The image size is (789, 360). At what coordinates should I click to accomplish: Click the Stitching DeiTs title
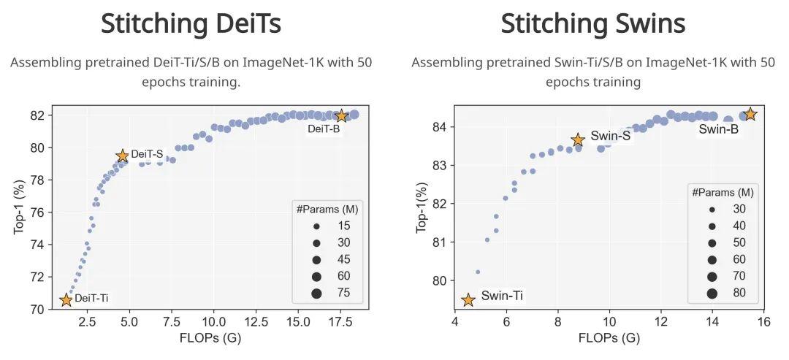(191, 23)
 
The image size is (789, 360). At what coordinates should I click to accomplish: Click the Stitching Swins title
(592, 23)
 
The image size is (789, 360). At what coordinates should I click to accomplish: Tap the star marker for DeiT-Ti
(66, 299)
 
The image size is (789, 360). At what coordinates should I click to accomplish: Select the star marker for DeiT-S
(122, 156)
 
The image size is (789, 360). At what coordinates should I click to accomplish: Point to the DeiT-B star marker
(340, 115)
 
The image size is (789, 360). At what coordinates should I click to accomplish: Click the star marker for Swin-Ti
(468, 299)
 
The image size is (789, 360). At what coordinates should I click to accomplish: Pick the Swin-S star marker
(578, 139)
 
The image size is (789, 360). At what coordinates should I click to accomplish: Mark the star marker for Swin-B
(750, 114)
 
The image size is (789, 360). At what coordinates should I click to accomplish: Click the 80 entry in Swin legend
(739, 293)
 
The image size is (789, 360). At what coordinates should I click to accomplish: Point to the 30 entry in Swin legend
(739, 209)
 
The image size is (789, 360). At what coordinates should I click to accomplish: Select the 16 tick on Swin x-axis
(764, 321)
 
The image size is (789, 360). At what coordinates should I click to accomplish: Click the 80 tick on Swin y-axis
(439, 280)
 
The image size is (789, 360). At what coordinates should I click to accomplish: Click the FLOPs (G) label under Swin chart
(609, 338)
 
